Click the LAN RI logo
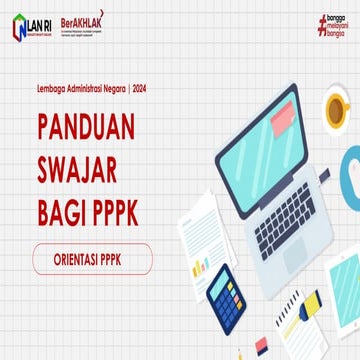pos(34,27)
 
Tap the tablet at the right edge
pos(345,290)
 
